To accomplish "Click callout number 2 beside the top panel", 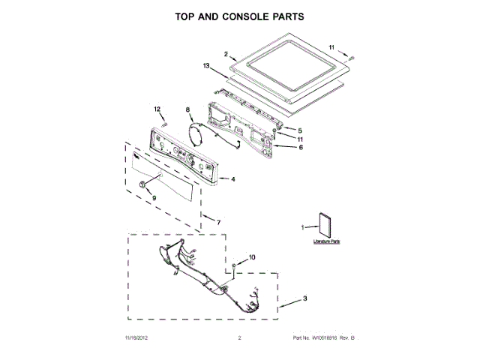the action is [x=226, y=54].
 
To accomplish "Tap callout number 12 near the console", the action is [x=158, y=109].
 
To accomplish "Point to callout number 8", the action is [x=188, y=110].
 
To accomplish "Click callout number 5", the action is [x=301, y=131].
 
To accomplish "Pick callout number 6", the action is [x=301, y=148].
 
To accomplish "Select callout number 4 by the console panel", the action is [x=233, y=179].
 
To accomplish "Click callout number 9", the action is [x=154, y=197].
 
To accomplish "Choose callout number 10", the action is [x=252, y=257].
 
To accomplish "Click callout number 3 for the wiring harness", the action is [x=305, y=299].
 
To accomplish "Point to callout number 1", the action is [x=304, y=226].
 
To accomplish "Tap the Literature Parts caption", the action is [x=327, y=242].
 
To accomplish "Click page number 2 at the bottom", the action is [x=239, y=339].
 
